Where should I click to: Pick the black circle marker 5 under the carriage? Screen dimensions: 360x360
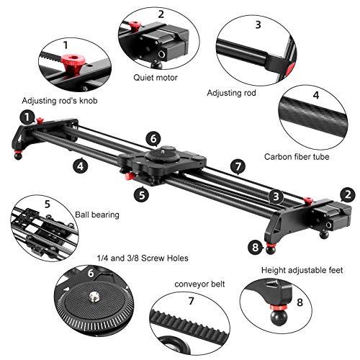click(143, 193)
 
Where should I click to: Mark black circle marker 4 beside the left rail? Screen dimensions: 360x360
click(80, 164)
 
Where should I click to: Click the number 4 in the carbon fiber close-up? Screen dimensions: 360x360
click(335, 95)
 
